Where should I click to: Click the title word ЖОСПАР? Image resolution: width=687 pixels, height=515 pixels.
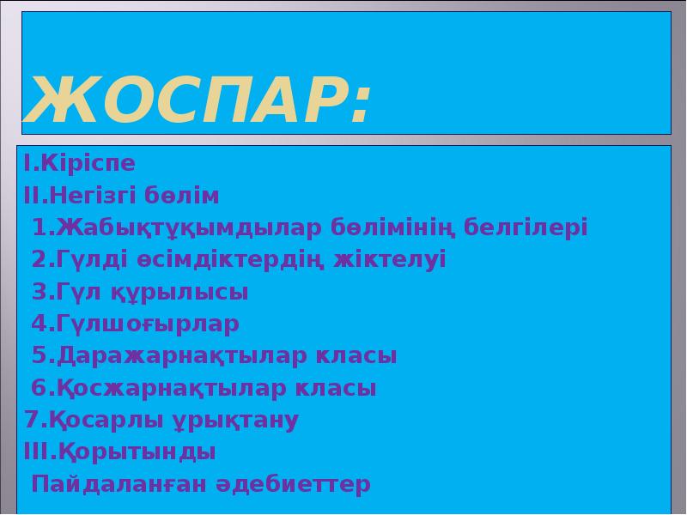click(x=185, y=100)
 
